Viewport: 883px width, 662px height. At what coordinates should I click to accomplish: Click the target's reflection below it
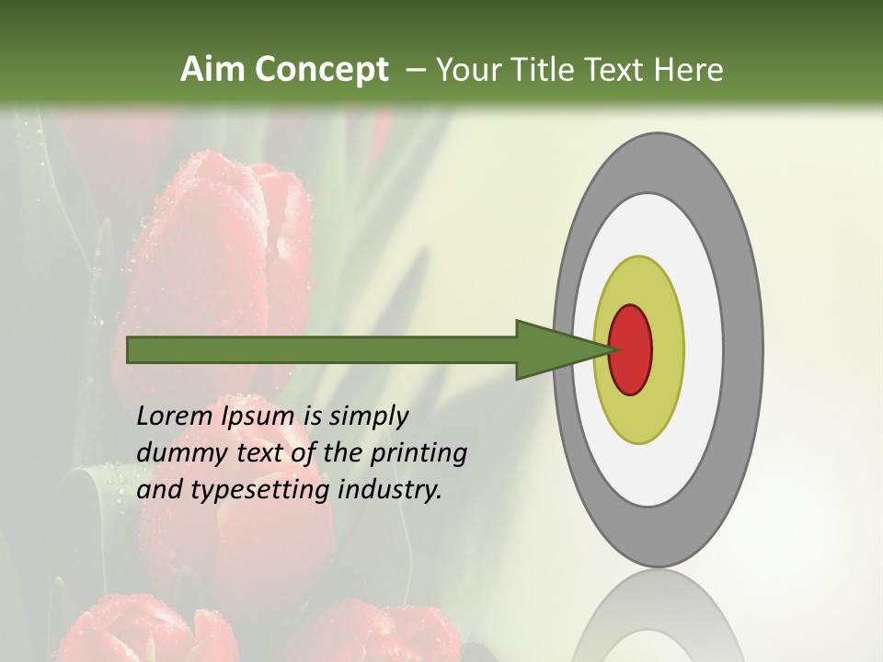pyautogui.click(x=658, y=616)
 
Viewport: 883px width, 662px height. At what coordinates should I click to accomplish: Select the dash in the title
pyautogui.click(x=415, y=70)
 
